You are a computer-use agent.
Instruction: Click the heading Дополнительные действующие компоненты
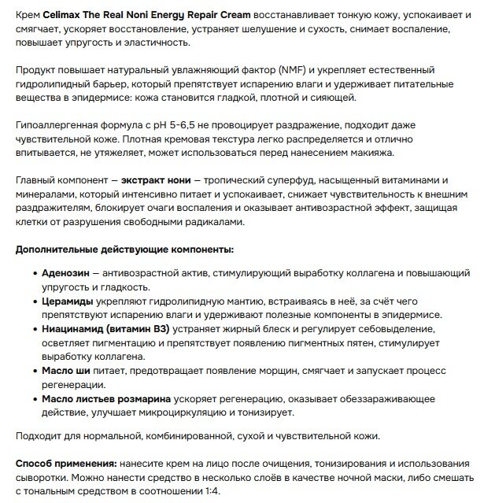tap(124, 250)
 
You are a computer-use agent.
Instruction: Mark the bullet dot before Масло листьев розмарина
tap(34, 399)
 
